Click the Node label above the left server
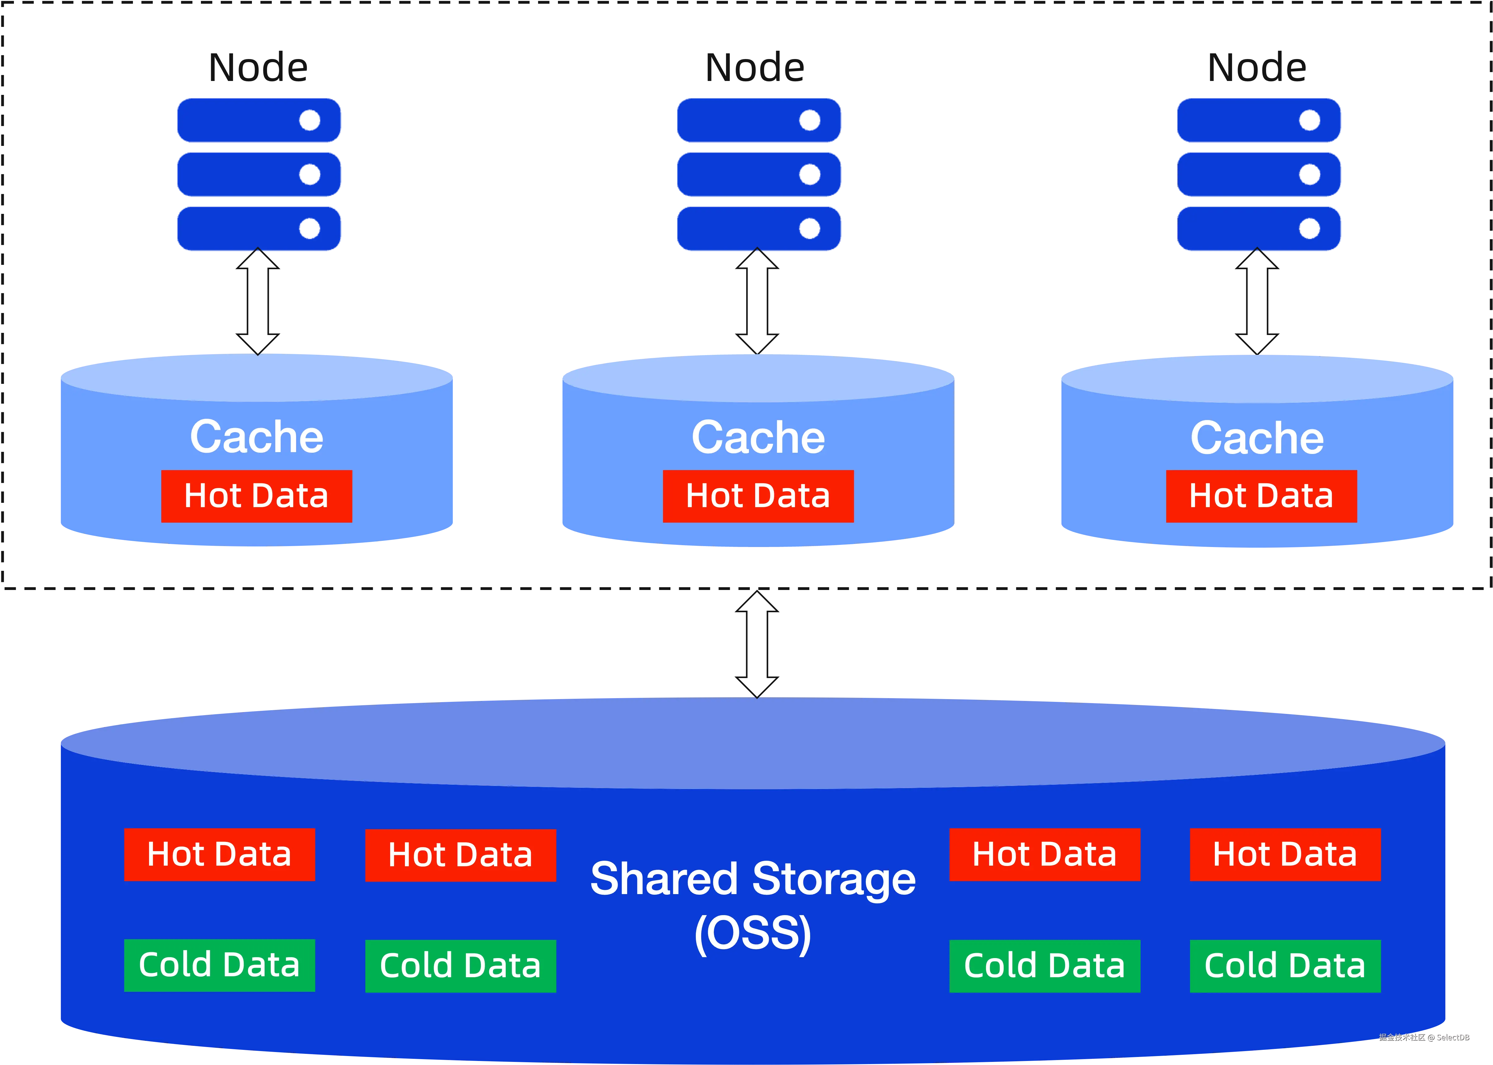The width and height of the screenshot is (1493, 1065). (258, 68)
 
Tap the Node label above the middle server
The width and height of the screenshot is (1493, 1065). (755, 68)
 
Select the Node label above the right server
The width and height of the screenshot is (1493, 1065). (1257, 68)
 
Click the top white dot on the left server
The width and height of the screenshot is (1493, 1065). (310, 120)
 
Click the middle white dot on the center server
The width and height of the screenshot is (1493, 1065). (810, 174)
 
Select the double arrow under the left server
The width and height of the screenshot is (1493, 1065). (258, 301)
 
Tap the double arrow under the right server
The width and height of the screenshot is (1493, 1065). (1257, 301)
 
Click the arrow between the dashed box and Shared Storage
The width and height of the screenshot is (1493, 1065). (757, 644)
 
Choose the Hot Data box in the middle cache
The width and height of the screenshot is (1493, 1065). (758, 496)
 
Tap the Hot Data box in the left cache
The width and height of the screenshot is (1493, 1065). (257, 496)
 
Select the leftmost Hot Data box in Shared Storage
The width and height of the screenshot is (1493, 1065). (220, 855)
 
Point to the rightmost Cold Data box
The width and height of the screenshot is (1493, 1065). (1285, 966)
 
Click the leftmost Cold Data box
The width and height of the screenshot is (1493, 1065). (220, 965)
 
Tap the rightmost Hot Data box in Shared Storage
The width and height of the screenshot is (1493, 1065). (1285, 855)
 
